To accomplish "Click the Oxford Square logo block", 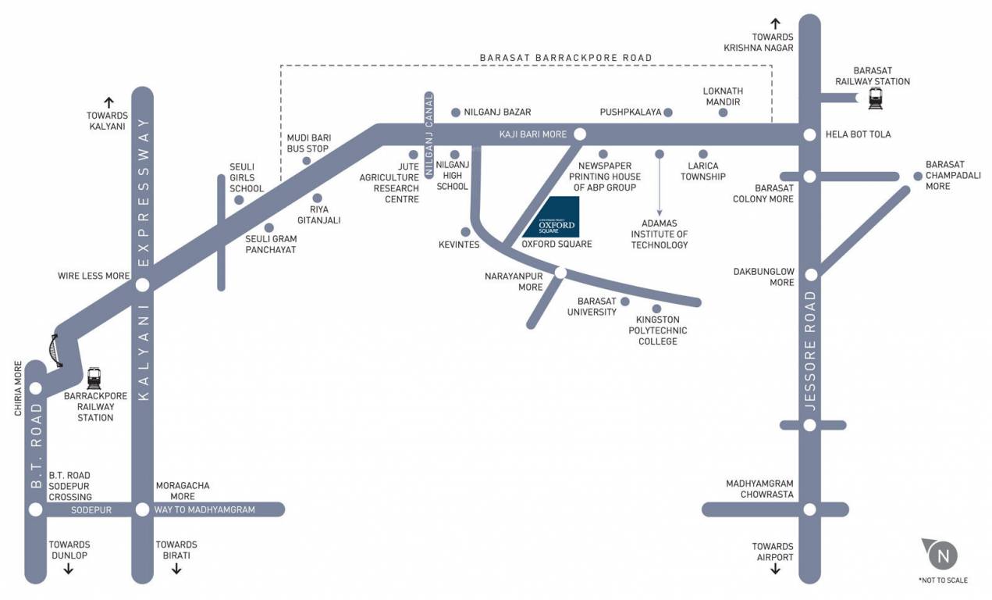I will (x=551, y=217).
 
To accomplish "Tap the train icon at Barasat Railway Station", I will (x=875, y=98).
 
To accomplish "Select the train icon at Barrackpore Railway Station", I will (x=94, y=379).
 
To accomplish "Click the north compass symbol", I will (x=942, y=555).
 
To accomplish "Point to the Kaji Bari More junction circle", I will (x=580, y=134).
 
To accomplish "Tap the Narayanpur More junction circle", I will (x=560, y=272).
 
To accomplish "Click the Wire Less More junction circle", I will (x=142, y=284).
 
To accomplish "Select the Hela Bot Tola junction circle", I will (x=810, y=135).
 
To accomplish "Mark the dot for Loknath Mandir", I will (x=723, y=112).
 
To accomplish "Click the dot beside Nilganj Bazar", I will (x=456, y=112).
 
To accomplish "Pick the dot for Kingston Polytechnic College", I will (x=656, y=309).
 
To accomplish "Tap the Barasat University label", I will (x=597, y=306).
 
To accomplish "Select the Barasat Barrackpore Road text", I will (x=566, y=58).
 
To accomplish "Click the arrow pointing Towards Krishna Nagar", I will (x=775, y=23).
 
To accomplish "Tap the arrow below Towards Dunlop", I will (x=69, y=569).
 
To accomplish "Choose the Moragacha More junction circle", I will (x=142, y=509).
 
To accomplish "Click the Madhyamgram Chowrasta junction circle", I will (x=810, y=509).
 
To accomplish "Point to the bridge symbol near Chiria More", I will (x=55, y=349).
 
